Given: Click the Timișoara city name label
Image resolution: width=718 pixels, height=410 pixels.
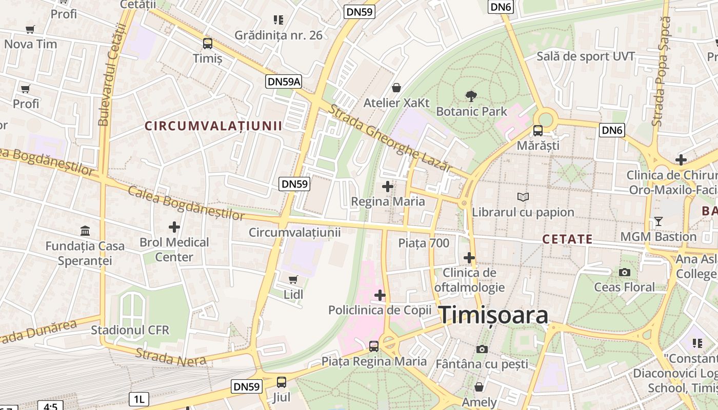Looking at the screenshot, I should click(x=493, y=315).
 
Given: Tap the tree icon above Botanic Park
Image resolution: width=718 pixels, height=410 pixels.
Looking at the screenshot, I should click(x=471, y=96).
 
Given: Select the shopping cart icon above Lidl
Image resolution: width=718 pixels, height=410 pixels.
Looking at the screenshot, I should click(x=293, y=279).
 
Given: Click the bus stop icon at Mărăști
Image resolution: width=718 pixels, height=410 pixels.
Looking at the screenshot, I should click(x=537, y=130).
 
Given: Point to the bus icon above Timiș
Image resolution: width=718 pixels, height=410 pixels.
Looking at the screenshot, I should click(x=207, y=44).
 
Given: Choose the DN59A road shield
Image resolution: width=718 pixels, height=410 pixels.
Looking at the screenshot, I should click(x=284, y=81).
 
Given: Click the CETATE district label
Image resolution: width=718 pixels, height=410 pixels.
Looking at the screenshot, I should click(x=567, y=239).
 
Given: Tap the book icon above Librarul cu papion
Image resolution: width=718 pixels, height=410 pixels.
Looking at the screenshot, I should click(x=523, y=197).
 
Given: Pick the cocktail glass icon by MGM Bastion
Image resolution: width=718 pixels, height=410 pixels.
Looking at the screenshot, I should click(x=658, y=221).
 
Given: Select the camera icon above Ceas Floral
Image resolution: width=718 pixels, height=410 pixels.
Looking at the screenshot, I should click(x=624, y=272).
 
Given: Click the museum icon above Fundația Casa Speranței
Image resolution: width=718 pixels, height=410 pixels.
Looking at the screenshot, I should click(x=85, y=231).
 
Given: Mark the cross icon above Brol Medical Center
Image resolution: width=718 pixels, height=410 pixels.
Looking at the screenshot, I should click(x=174, y=227).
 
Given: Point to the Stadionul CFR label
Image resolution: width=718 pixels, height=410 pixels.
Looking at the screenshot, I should click(x=130, y=330).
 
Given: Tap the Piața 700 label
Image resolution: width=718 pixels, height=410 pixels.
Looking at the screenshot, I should click(x=424, y=243).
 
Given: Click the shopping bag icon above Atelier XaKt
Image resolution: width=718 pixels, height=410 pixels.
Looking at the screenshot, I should click(x=396, y=88).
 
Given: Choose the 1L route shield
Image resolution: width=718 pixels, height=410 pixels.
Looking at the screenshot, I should click(x=138, y=399).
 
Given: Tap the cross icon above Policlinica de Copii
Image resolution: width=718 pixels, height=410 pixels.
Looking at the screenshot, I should click(x=380, y=295).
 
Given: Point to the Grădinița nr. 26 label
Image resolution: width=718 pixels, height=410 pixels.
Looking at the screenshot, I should click(x=278, y=35).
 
